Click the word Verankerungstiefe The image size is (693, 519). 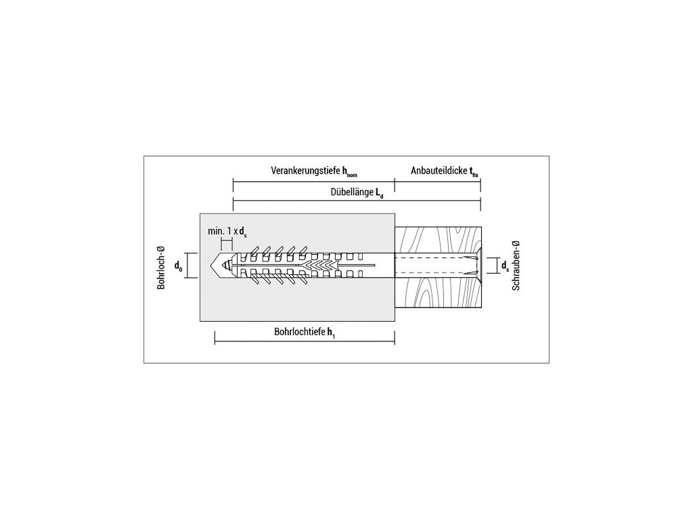pyautogui.click(x=305, y=172)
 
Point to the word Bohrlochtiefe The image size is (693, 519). pyautogui.click(x=299, y=332)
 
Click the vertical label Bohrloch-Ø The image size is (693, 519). pyautogui.click(x=161, y=266)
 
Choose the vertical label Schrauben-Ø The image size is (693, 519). pyautogui.click(x=516, y=266)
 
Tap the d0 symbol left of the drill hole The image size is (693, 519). pyautogui.click(x=179, y=266)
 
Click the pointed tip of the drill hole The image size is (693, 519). pyautogui.click(x=218, y=265)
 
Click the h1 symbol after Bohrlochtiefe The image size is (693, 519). pyautogui.click(x=331, y=332)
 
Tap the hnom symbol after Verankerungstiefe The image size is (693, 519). pyautogui.click(x=349, y=173)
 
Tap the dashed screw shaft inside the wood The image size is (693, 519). pyautogui.click(x=433, y=265)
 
